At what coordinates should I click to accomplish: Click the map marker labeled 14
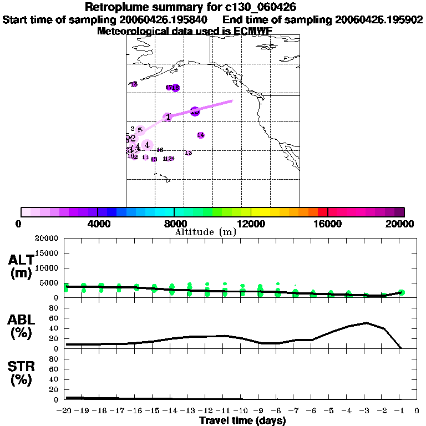point(201,135)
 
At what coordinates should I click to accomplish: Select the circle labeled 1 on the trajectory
point(168,117)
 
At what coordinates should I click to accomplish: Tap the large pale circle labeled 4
point(146,145)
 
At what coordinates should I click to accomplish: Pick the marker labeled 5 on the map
point(140,130)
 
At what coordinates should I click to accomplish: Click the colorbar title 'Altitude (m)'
point(205,232)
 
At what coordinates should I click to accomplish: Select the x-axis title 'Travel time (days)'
point(243,420)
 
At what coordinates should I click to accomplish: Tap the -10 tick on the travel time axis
point(242,411)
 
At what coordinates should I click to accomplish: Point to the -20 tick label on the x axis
point(65,411)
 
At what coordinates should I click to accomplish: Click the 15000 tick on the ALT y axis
point(47,253)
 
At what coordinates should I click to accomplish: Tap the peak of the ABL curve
point(366,323)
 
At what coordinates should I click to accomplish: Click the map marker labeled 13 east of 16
point(189,153)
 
